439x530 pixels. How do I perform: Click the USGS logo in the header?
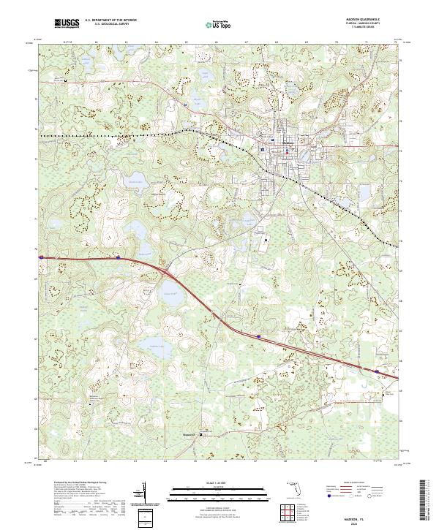[x=67, y=24]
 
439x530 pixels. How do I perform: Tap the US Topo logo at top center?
[x=214, y=24]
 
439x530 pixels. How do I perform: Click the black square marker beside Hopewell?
[x=203, y=431]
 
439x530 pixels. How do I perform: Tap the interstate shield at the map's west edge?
[x=42, y=257]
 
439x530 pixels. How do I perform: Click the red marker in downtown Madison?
[x=273, y=140]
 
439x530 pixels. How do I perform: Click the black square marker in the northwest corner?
[x=65, y=80]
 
